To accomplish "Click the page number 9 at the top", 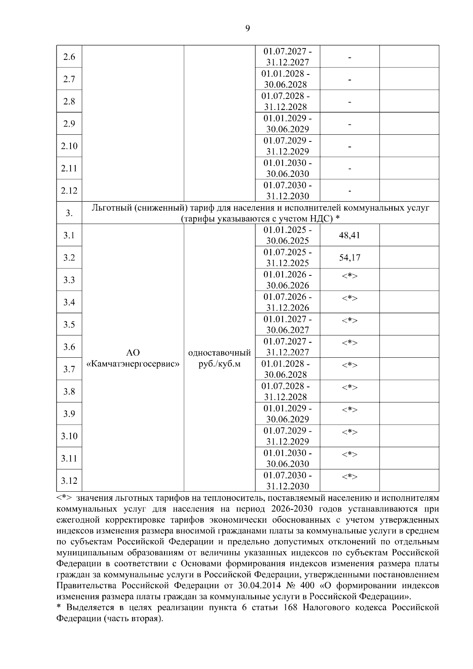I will click(x=247, y=28).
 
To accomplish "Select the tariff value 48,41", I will click(x=349, y=236).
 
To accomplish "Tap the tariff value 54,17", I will click(x=349, y=258).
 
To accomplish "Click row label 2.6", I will click(x=69, y=57).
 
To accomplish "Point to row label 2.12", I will click(x=69, y=191).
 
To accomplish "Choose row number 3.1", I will click(x=69, y=236).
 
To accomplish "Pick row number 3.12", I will click(x=69, y=481).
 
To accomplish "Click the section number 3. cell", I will click(x=69, y=213).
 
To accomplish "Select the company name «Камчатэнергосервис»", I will click(x=133, y=364).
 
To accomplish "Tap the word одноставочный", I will click(x=220, y=353).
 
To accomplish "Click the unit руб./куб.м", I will click(x=220, y=364).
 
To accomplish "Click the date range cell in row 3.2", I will click(x=287, y=258).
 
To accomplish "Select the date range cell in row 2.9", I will click(x=287, y=124).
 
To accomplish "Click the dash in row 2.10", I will click(x=349, y=147).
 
